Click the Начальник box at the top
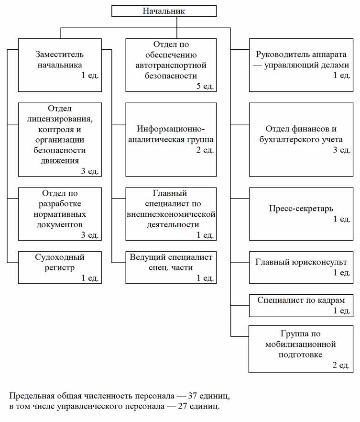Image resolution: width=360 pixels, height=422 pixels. point(164,11)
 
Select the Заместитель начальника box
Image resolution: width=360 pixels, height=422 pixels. point(60,65)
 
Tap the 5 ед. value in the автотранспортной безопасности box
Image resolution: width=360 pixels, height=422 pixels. point(205,86)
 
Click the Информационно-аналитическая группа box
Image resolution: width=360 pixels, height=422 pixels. point(171,139)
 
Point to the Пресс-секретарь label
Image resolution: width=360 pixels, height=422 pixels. point(301,208)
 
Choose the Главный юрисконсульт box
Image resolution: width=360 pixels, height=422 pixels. point(301,267)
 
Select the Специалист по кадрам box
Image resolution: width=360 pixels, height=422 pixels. point(301,305)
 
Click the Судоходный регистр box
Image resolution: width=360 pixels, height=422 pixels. point(60,267)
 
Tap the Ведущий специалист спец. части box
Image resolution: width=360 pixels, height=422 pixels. point(171,267)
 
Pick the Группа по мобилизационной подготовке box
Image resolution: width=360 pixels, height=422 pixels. point(301,349)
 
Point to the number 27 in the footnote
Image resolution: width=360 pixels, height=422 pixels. point(183,406)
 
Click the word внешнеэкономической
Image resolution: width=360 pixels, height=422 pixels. point(171,214)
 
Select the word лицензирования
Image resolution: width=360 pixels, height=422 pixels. point(60,119)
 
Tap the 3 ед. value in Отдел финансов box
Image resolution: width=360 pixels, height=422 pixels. point(342,150)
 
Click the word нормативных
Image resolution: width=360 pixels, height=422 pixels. point(60,214)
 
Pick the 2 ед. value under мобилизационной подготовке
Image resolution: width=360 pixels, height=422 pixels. point(341,365)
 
